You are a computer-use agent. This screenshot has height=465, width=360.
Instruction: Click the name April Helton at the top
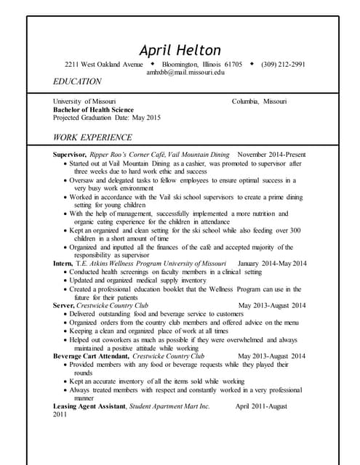point(180,50)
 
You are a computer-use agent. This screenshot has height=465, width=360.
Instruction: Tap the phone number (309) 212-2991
point(283,64)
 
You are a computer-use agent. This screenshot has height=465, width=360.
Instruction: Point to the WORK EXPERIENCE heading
point(92,137)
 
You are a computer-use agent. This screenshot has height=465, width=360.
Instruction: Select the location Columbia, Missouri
point(259,101)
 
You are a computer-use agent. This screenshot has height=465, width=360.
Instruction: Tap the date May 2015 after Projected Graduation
point(146,118)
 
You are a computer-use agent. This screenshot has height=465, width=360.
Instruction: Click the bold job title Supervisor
point(70,155)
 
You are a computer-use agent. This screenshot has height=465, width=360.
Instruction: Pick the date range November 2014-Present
point(271,155)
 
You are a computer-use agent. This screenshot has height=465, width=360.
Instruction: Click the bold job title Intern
point(63,263)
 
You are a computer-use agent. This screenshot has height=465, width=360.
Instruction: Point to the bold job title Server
point(64,306)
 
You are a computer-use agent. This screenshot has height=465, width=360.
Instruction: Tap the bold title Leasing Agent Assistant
point(89,406)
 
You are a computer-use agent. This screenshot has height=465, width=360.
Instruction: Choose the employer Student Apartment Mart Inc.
point(169,406)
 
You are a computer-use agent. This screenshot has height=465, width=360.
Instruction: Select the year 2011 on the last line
point(60,415)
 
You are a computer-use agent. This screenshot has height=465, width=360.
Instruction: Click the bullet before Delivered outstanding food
point(65,315)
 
